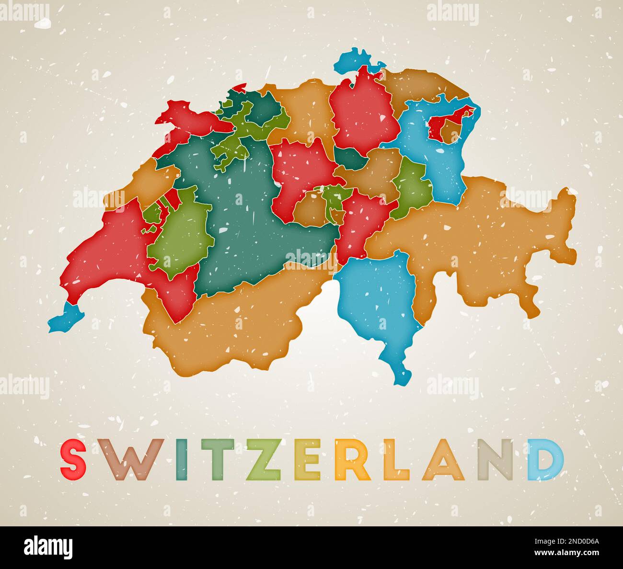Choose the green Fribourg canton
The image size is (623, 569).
(x=180, y=235)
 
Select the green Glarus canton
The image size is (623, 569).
(x=412, y=187)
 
